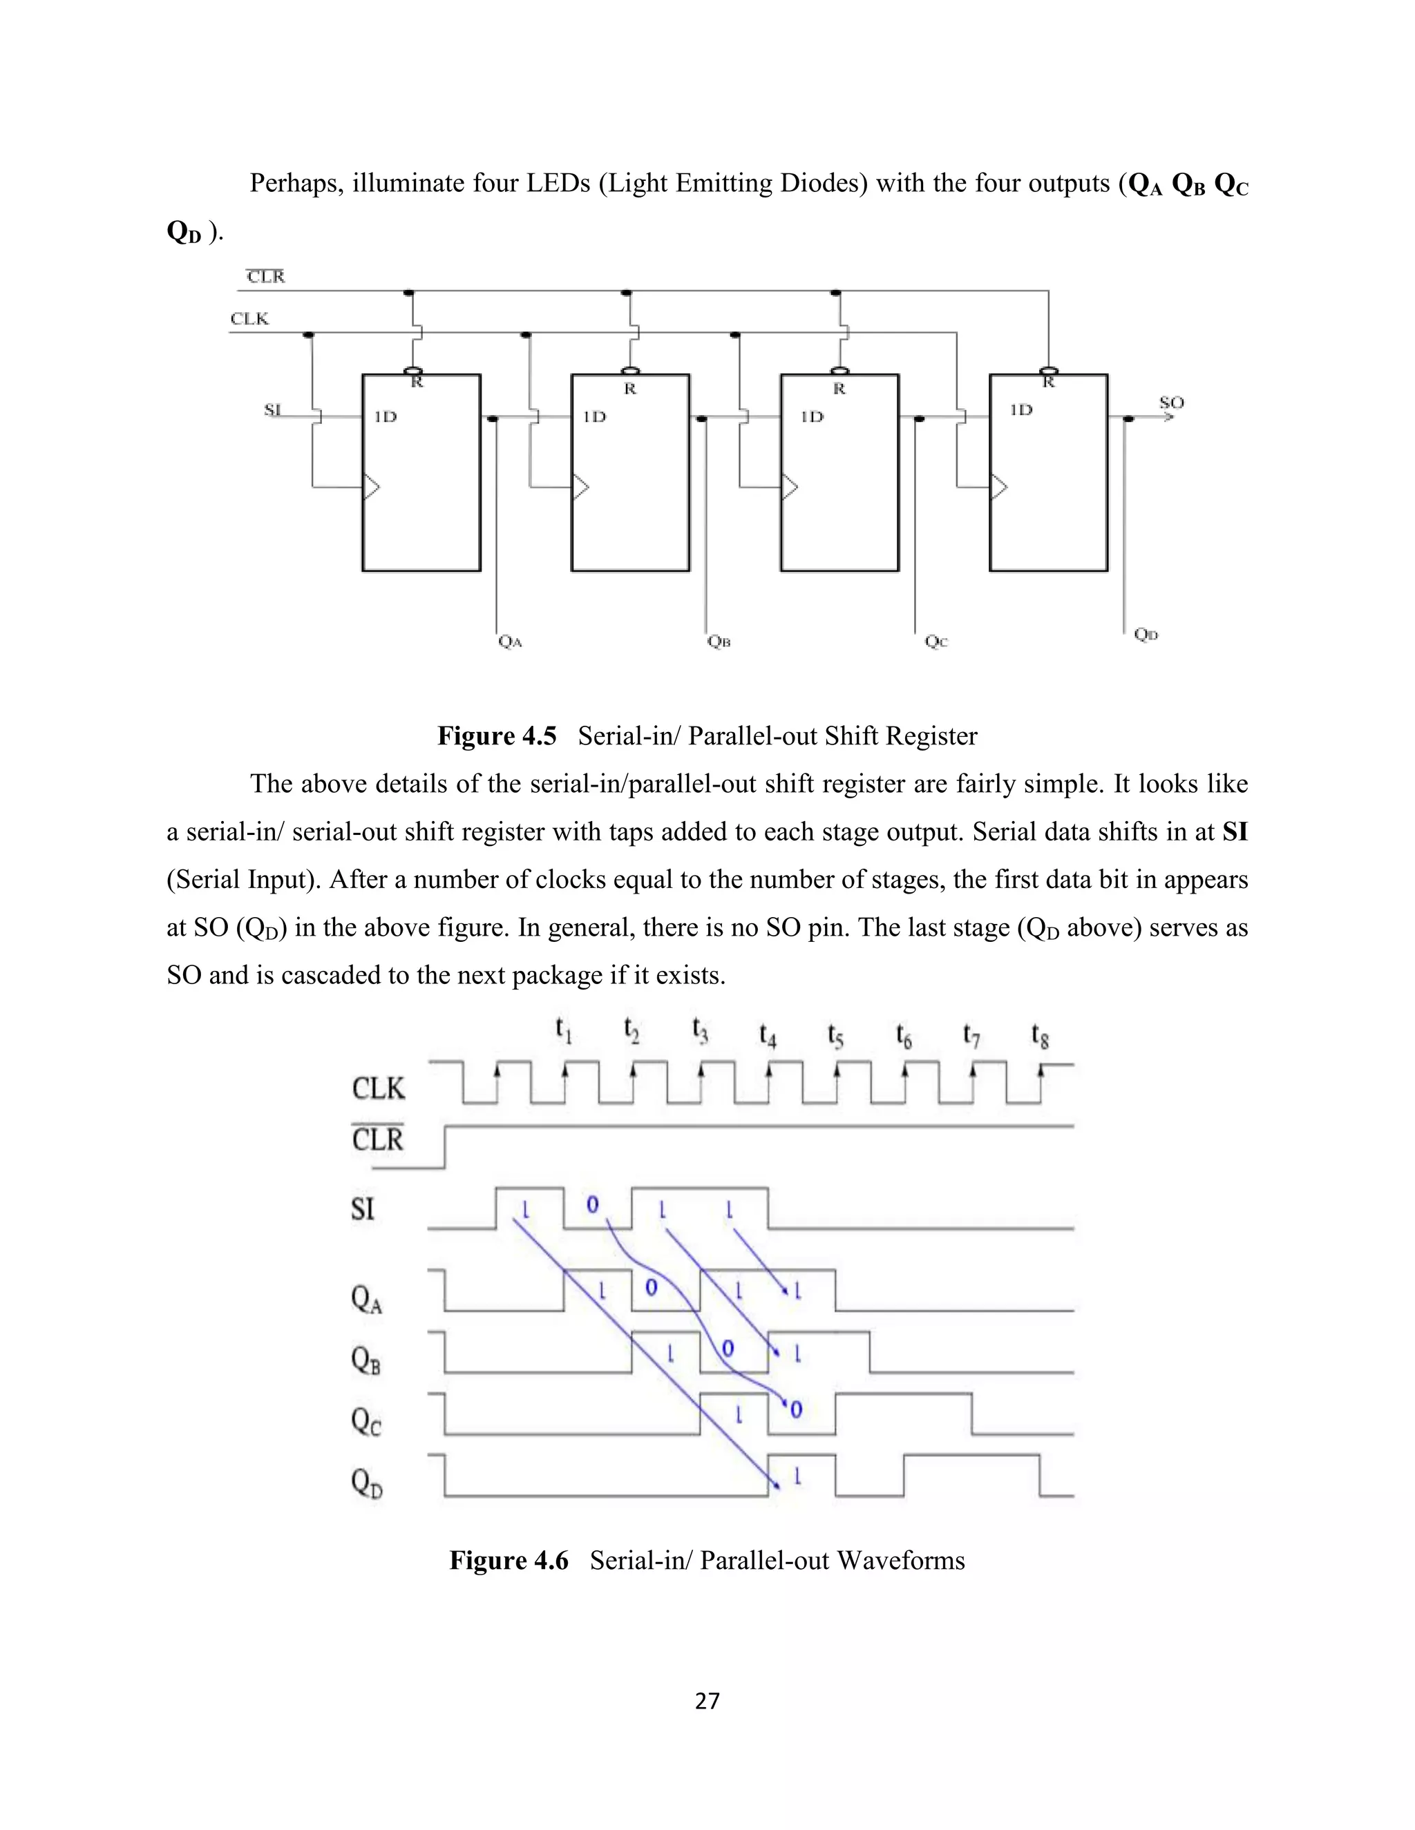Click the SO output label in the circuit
(x=1171, y=403)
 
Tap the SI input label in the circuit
(x=272, y=410)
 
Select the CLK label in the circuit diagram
(x=249, y=318)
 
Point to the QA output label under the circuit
(x=510, y=641)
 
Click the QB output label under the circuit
(x=719, y=641)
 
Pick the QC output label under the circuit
(x=936, y=641)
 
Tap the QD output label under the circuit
(x=1146, y=635)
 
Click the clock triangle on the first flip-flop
(x=370, y=486)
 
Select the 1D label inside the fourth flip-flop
(x=1021, y=410)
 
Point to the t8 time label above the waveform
(x=1039, y=1036)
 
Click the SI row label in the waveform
(x=363, y=1209)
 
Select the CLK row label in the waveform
(x=378, y=1088)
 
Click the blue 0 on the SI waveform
(x=592, y=1205)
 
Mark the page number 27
(x=707, y=1700)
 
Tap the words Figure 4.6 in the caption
(x=508, y=1560)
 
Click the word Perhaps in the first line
(x=296, y=183)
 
